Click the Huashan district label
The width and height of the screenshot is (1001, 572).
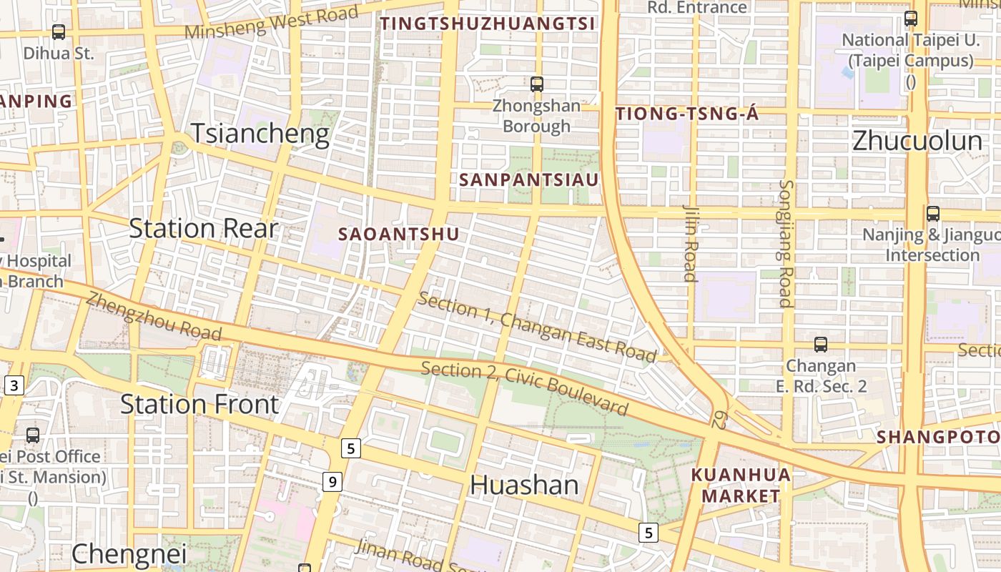(524, 485)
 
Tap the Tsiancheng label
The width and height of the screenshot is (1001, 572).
(260, 134)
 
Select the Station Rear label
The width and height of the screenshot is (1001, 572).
(203, 228)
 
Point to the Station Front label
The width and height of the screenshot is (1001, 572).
(199, 404)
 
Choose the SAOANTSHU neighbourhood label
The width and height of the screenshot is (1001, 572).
(398, 235)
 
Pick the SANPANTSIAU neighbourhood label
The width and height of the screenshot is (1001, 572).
(529, 179)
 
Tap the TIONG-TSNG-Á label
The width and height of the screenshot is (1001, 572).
(686, 114)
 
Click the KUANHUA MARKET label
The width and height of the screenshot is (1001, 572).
(741, 485)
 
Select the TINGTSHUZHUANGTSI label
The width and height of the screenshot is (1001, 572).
(488, 24)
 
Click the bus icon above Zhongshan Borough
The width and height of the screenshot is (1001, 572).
(537, 84)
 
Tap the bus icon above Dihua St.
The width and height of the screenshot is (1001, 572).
(59, 32)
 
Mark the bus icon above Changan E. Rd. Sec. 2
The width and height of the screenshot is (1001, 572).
(821, 345)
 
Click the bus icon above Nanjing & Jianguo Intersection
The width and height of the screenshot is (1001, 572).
(932, 213)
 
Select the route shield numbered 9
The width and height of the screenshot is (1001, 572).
(331, 482)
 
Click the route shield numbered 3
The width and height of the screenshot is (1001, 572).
(14, 386)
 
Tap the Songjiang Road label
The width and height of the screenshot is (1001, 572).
(786, 243)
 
